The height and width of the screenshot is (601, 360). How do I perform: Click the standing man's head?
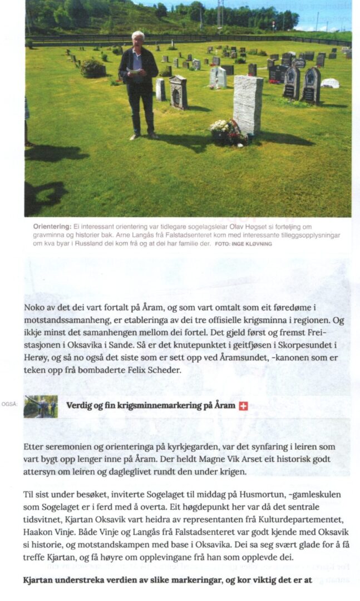(x=137, y=39)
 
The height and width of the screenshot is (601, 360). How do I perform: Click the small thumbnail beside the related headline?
(x=41, y=406)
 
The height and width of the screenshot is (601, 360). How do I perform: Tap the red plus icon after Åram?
(x=243, y=406)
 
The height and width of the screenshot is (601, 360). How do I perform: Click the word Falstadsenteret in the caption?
(x=129, y=235)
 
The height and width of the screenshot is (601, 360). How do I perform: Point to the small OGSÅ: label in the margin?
(x=9, y=404)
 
